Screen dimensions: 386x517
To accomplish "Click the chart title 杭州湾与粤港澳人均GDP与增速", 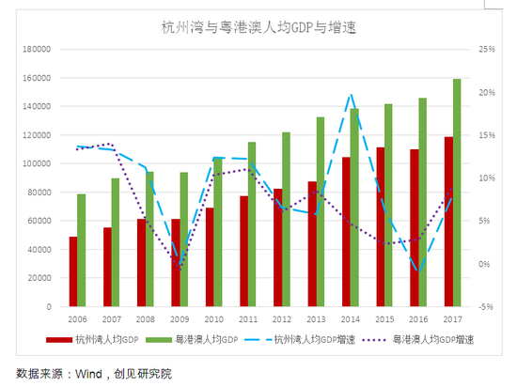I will (x=259, y=28).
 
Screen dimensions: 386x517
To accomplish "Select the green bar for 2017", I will (x=457, y=193).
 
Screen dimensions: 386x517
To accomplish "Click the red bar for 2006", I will (x=73, y=271).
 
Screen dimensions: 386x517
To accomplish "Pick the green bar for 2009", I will (x=184, y=239).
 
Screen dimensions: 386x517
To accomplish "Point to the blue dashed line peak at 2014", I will (x=351, y=94).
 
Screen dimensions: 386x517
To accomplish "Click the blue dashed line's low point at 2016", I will (x=420, y=270).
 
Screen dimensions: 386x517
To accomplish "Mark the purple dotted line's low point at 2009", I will (x=180, y=267).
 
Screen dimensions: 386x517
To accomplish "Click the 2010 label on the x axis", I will (x=214, y=318).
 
